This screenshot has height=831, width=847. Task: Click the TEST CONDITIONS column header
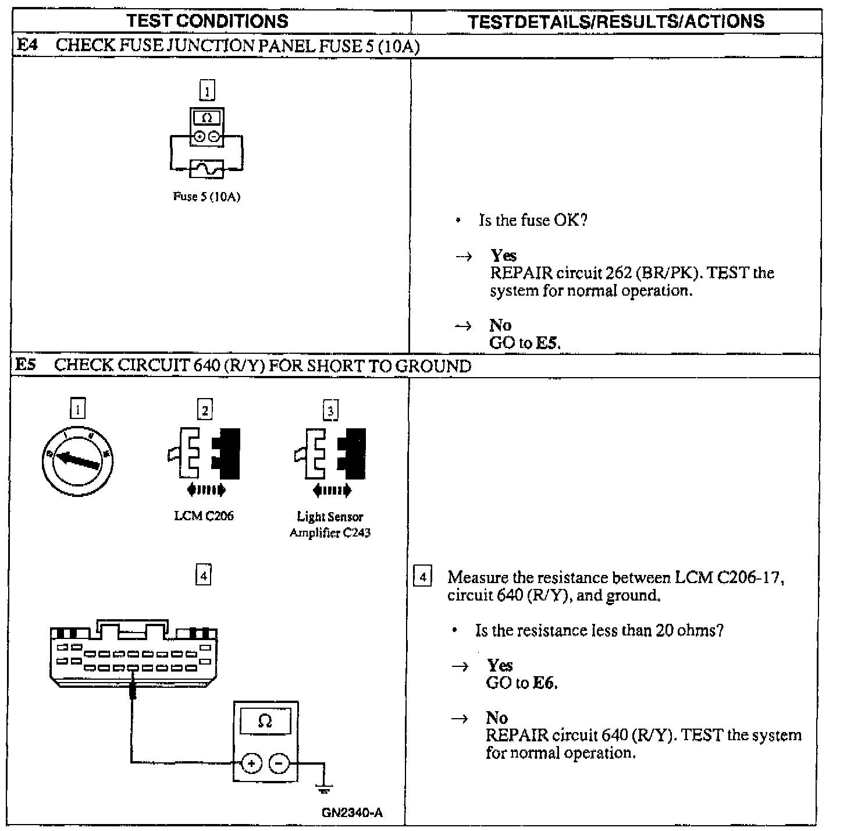coord(208,22)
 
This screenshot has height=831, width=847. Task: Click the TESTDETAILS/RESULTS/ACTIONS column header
coord(616,22)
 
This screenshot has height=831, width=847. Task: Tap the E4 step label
coord(27,45)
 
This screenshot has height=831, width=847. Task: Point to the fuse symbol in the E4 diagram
coord(207,169)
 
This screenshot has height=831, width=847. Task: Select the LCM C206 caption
coord(204,516)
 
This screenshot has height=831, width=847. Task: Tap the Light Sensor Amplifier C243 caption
coord(330,524)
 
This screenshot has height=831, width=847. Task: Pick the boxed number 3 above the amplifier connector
coord(330,411)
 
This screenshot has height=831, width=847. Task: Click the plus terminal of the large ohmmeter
coord(251,763)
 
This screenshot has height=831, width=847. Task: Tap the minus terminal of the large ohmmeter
coord(279,763)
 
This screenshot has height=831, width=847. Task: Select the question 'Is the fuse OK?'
coord(533,221)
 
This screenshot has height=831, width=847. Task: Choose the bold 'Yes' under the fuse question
coord(503,255)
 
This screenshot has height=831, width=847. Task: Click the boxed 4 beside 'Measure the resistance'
coord(423,577)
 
